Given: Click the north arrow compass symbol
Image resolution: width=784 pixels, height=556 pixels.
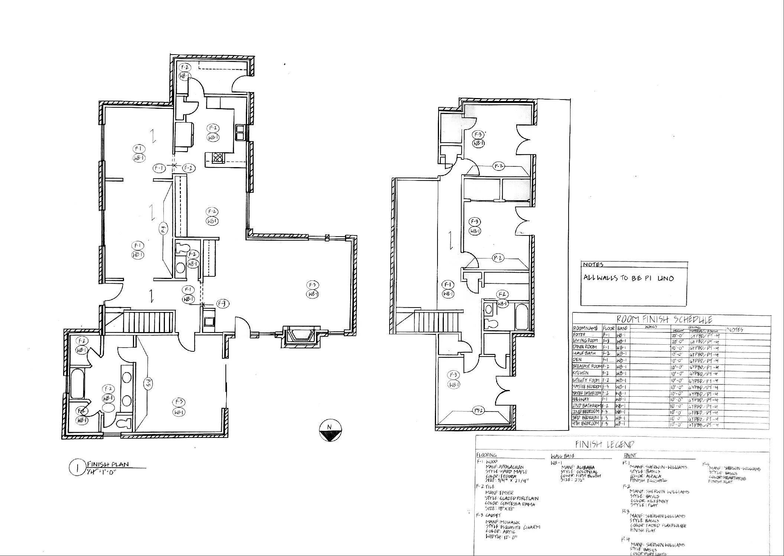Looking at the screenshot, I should pos(329,431).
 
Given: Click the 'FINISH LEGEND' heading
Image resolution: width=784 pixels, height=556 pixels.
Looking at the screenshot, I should pos(604,444).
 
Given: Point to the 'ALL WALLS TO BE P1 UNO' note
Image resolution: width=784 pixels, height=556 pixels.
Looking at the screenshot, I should pos(628,278).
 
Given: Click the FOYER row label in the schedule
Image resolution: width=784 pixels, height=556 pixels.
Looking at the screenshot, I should pos(579,334).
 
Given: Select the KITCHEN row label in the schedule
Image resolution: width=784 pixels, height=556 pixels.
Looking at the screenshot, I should pos(581,373).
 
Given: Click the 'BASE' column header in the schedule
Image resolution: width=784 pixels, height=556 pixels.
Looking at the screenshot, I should pos(622,329).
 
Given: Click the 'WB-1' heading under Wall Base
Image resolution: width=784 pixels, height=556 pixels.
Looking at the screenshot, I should pos(556,463).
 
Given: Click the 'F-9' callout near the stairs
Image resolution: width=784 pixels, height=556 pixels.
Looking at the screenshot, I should pos(223,304).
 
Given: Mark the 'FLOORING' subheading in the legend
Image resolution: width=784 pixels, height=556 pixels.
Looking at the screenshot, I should pos(486,455).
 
